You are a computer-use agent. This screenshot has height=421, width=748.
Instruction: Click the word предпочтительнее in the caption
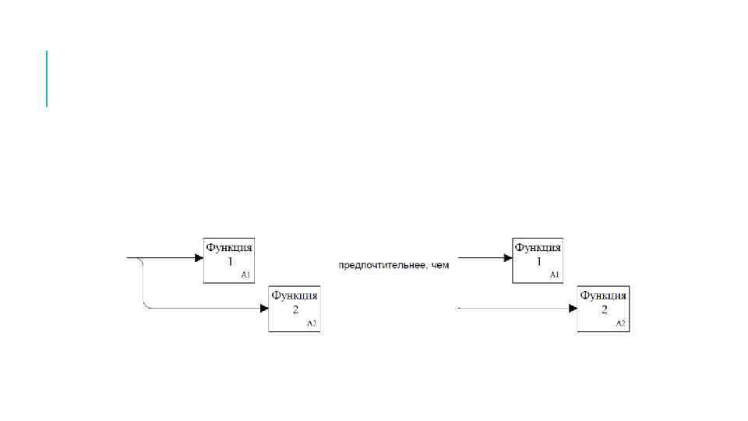[x=379, y=266]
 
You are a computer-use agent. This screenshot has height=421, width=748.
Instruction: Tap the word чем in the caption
[x=441, y=266]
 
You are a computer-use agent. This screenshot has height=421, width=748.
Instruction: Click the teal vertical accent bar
[x=47, y=78]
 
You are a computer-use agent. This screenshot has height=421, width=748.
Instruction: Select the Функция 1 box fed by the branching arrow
[x=230, y=260]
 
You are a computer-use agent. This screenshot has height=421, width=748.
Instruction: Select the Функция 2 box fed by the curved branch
[x=295, y=309]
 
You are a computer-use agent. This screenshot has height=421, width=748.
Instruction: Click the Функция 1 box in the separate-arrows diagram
[x=538, y=260]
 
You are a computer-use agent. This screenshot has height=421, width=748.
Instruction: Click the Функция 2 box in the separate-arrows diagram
[x=603, y=309]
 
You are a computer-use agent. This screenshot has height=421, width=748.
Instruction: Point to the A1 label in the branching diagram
[x=245, y=275]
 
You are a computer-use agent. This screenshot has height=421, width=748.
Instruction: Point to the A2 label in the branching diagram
[x=311, y=323]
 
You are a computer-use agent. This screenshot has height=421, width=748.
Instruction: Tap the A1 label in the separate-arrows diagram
[x=554, y=275]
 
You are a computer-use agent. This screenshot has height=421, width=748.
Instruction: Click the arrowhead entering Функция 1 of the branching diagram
[x=198, y=257]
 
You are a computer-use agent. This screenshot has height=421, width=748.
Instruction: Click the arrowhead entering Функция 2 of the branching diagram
[x=263, y=309]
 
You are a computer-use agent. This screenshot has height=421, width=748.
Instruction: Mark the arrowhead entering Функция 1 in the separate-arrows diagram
[x=506, y=257]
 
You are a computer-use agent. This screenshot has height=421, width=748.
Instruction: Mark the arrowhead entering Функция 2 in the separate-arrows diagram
[x=573, y=309]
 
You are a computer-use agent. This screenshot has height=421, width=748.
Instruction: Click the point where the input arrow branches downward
[x=140, y=259]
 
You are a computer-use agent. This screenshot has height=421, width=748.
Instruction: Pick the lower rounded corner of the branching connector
[x=146, y=306]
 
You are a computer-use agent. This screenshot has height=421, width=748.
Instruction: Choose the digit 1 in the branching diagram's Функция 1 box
[x=230, y=263]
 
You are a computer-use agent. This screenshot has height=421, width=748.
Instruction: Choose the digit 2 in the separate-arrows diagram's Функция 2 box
[x=604, y=310]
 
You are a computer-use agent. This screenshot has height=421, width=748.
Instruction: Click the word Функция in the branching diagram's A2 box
[x=295, y=296]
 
